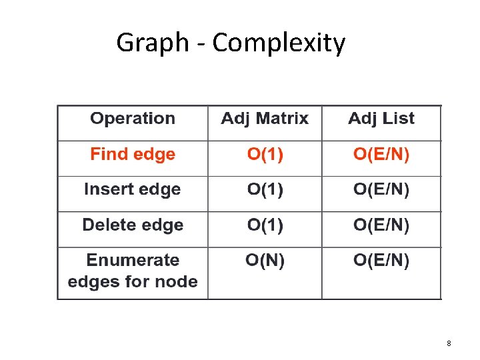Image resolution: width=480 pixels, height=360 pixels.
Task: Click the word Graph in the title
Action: [x=153, y=43]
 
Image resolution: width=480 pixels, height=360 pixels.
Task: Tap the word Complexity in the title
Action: [x=279, y=43]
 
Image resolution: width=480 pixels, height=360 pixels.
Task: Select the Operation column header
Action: [x=133, y=119]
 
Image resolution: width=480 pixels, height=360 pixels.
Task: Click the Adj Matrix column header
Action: [x=265, y=119]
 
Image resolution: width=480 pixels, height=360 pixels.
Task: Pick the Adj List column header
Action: [x=381, y=119]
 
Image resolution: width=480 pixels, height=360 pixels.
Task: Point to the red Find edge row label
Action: [x=133, y=154]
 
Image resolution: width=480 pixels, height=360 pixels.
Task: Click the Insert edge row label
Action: [x=132, y=189]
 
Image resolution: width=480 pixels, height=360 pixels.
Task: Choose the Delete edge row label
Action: [x=133, y=225]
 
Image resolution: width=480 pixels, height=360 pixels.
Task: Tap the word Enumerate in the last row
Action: [x=133, y=260]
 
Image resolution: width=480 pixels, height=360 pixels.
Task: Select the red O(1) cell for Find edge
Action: [x=265, y=154]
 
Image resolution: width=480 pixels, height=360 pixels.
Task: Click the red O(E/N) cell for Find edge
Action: [x=381, y=154]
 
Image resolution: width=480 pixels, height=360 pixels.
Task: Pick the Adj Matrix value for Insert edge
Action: [x=265, y=189]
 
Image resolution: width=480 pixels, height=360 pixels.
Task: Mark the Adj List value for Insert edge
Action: [x=381, y=189]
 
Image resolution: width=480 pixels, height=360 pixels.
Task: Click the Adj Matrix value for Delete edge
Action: [x=265, y=225]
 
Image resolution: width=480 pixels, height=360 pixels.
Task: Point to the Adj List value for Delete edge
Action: [x=381, y=225]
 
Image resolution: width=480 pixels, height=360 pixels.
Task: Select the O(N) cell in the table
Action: [x=265, y=261]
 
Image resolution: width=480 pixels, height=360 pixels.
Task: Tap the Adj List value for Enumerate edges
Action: [x=381, y=261]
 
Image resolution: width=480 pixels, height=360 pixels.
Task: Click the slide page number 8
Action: [x=449, y=343]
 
